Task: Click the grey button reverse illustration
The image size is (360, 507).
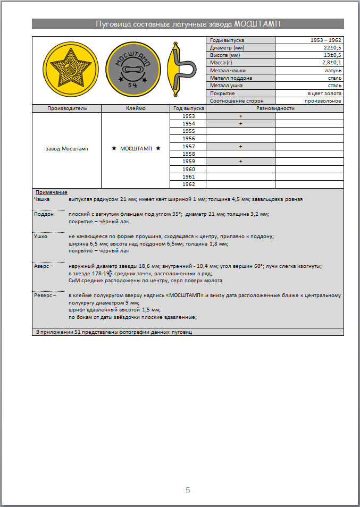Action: point(131,70)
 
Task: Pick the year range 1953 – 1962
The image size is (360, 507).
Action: point(326,40)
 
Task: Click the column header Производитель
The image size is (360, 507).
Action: point(67,108)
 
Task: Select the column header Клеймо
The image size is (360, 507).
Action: point(136,108)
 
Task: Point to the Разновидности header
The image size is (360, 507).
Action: point(275,108)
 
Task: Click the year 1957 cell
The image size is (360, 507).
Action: point(188,146)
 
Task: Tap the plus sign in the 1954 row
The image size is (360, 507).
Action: point(240,123)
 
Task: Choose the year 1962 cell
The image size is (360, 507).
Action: point(188,184)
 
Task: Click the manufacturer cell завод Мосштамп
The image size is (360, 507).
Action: point(67,149)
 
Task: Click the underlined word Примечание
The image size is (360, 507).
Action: point(51,192)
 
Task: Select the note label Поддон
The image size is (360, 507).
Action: point(44,214)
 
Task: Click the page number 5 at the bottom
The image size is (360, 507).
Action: point(188,490)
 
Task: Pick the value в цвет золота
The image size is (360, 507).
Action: point(324,93)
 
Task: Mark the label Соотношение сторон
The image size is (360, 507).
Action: point(236,100)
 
